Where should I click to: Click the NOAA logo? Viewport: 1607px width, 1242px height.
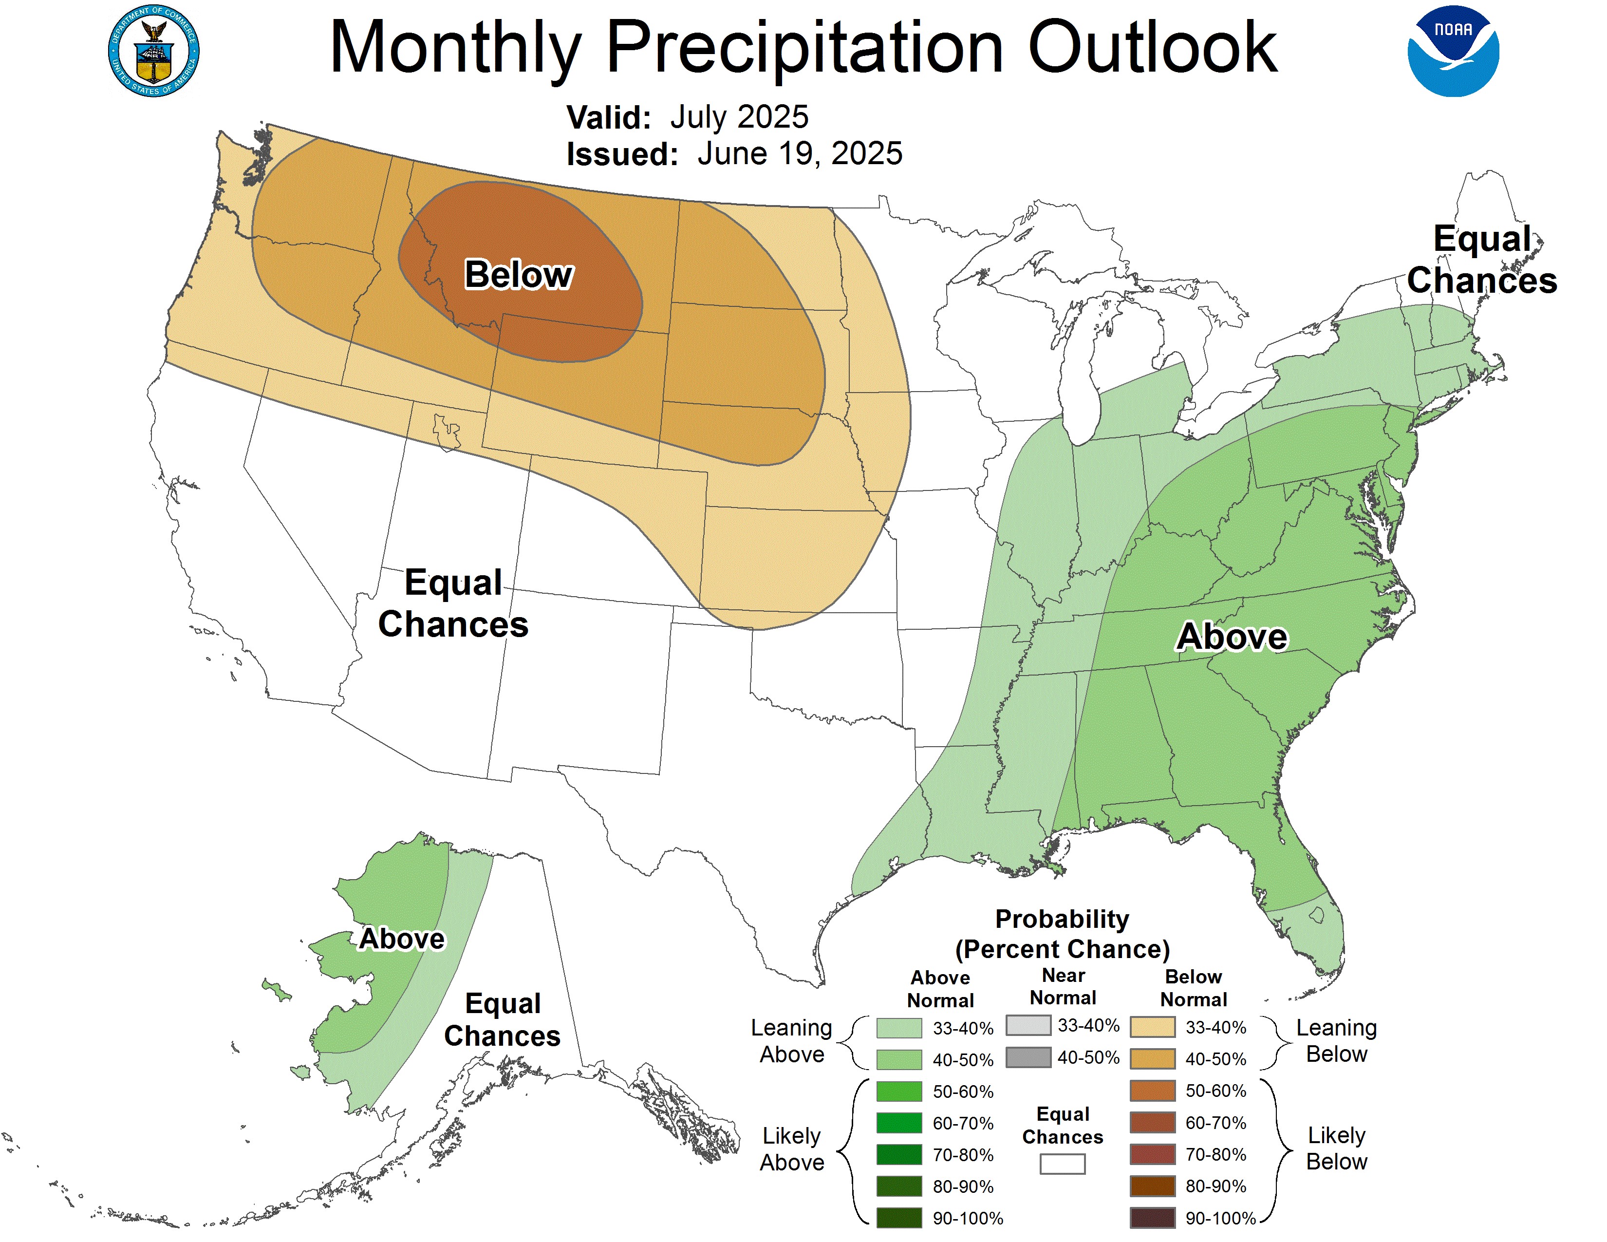point(1453,52)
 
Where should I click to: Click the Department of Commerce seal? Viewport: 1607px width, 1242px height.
point(153,52)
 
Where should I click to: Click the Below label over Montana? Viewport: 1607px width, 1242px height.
point(518,275)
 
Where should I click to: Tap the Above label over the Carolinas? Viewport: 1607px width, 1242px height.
point(1232,637)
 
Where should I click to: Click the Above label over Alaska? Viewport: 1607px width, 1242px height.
point(402,940)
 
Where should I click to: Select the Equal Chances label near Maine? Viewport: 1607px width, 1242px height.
point(1481,260)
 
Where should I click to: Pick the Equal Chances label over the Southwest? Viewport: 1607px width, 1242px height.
point(453,603)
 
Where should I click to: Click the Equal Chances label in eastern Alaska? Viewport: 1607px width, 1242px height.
point(503,1020)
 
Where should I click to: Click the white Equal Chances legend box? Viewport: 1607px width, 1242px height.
point(1062,1163)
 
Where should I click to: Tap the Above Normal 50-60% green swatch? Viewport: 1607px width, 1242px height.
point(898,1091)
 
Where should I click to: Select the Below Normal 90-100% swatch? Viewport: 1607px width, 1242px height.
point(1152,1218)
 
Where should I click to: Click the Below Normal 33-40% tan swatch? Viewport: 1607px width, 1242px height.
point(1152,1027)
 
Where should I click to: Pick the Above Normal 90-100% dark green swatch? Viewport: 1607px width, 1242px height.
point(898,1218)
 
